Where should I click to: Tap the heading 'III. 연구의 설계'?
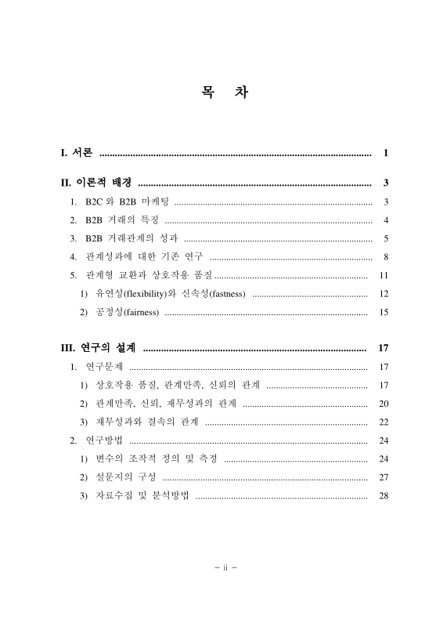98,348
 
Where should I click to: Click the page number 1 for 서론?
387,152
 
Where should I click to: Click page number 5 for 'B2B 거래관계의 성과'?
387,238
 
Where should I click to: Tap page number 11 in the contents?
384,275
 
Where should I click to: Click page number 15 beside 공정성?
384,313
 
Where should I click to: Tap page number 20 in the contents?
384,404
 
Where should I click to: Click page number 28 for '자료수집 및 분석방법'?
384,495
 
